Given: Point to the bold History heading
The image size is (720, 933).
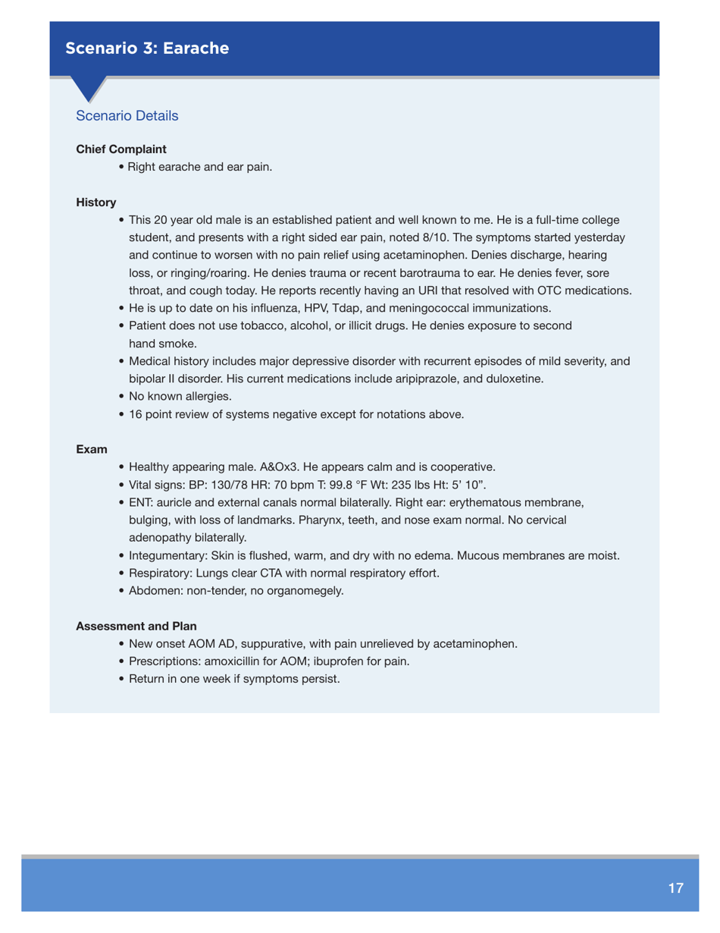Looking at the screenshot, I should point(96,203).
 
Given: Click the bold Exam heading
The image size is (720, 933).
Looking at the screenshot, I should point(91,450).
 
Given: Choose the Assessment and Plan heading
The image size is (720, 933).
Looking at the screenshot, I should point(136,627).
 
